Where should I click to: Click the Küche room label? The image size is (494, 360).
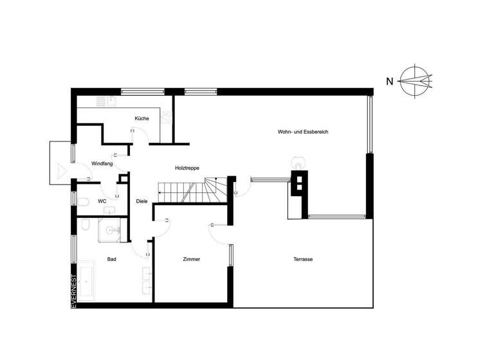(142, 118)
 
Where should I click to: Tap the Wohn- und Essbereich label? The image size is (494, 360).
(303, 132)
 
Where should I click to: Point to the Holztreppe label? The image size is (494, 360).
(187, 168)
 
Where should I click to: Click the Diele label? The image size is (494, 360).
(142, 201)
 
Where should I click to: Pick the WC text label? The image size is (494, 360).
(102, 201)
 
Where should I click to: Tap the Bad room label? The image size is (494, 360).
(111, 259)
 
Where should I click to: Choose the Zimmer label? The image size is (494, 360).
(191, 259)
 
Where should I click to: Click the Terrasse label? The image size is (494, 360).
(302, 259)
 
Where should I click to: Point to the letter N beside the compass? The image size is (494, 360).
(389, 81)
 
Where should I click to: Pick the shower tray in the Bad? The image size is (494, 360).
(111, 230)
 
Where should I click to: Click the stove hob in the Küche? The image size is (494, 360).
(166, 117)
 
